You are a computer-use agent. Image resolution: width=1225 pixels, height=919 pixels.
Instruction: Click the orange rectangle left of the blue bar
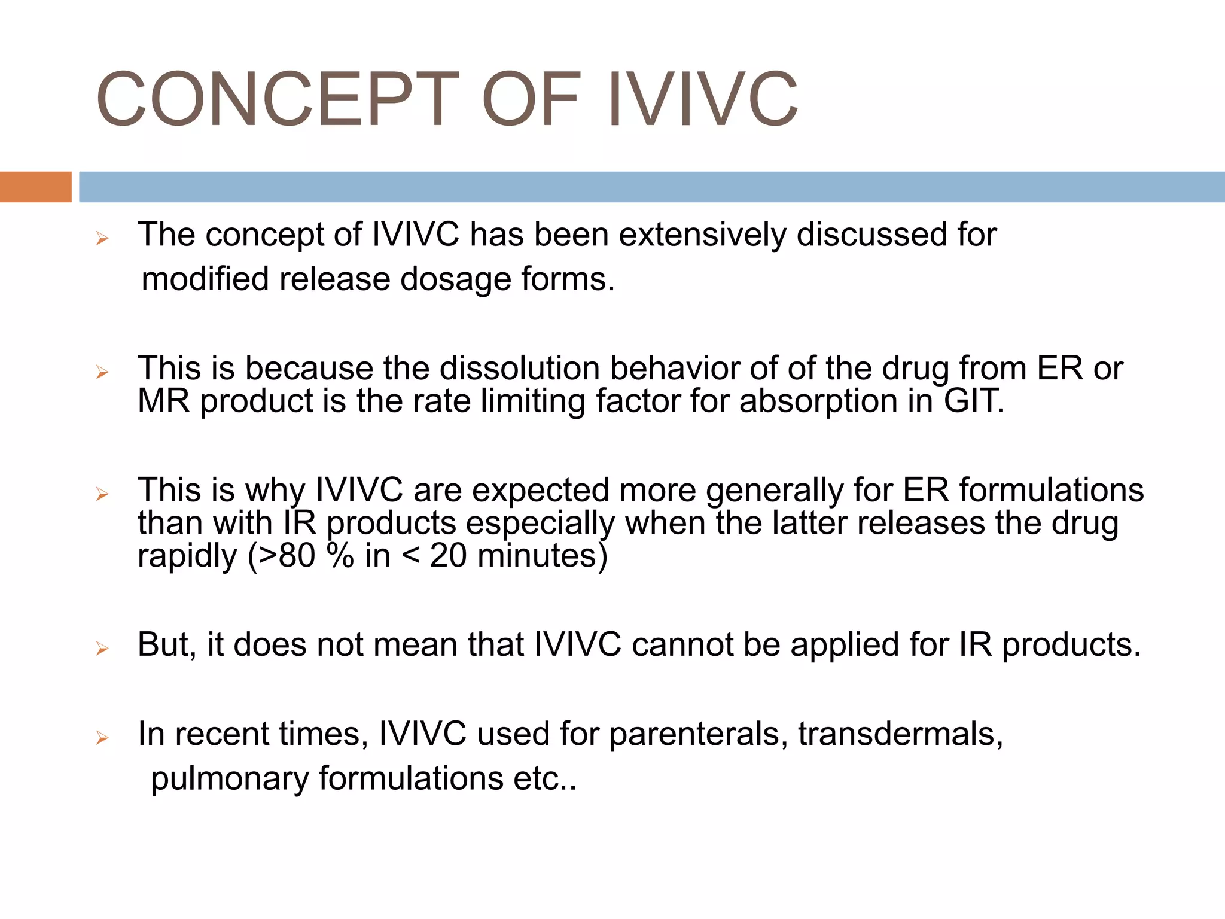[x=35, y=187]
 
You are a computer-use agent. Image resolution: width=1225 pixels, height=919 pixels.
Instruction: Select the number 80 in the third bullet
[x=297, y=556]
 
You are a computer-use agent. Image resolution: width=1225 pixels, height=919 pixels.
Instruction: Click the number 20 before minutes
[x=448, y=556]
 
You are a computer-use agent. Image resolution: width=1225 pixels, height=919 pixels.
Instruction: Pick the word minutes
[x=542, y=556]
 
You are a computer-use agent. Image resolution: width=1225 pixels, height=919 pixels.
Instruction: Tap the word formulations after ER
[x=1052, y=490]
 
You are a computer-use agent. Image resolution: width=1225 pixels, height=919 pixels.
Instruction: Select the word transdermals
[x=900, y=734]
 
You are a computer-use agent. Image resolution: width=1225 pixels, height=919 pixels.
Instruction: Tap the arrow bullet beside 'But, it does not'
[x=102, y=649]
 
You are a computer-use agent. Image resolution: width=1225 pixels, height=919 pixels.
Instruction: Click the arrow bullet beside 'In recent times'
[x=102, y=738]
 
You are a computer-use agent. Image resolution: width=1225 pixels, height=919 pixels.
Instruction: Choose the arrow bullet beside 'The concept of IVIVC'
[x=102, y=239]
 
